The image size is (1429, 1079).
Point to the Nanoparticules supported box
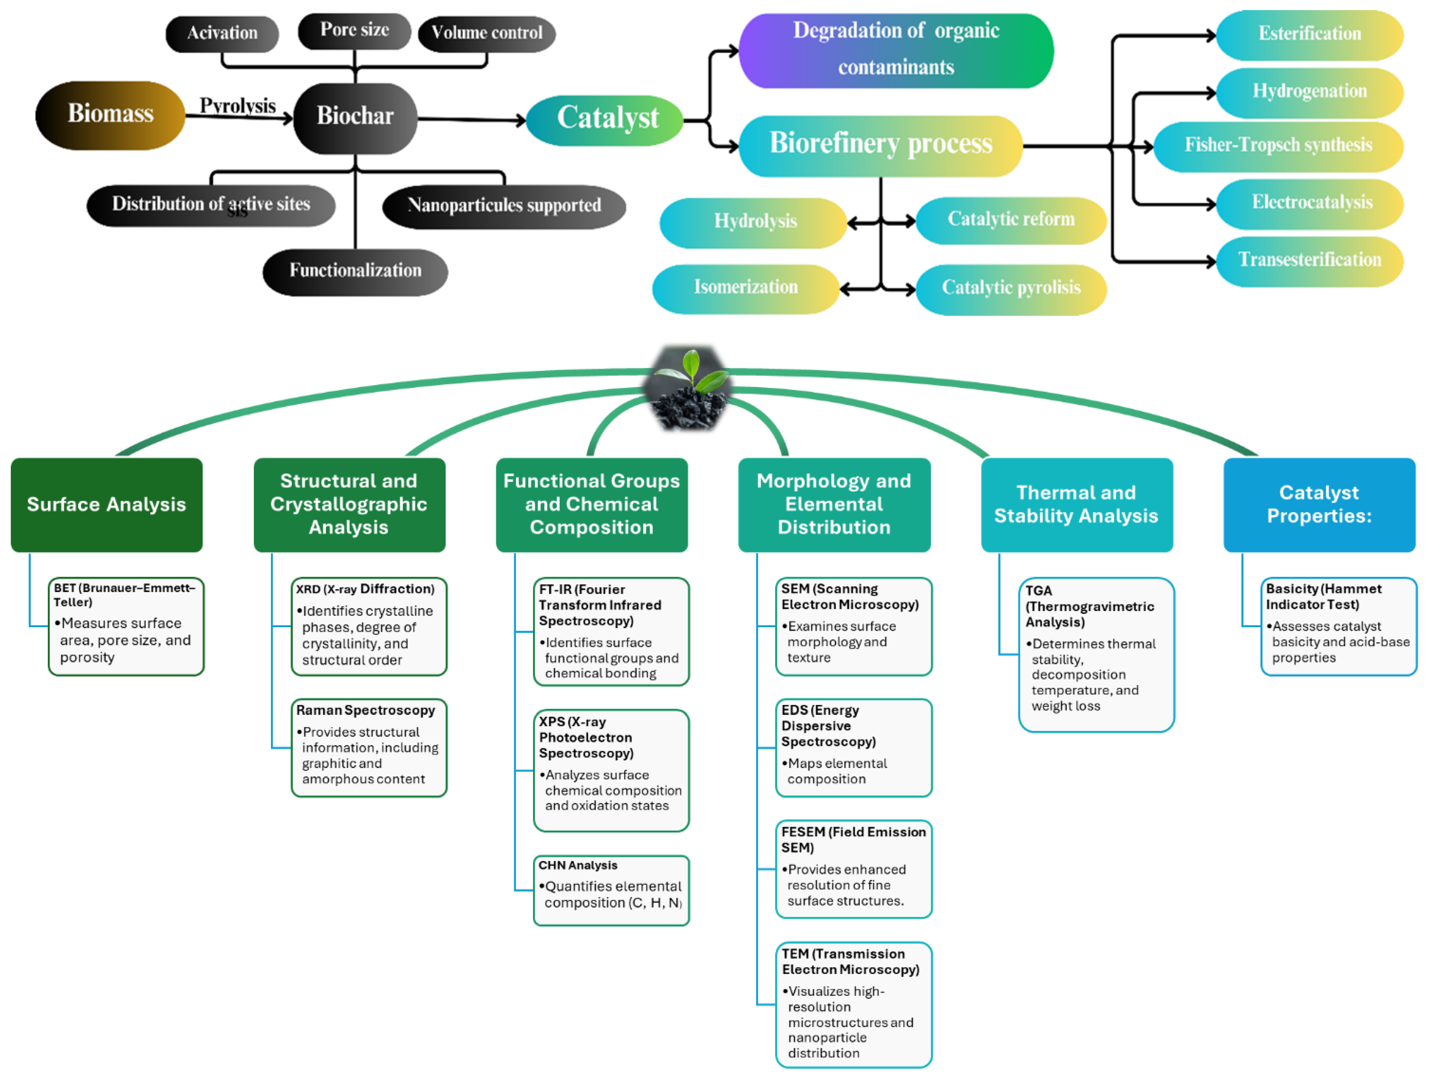click(x=504, y=206)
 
